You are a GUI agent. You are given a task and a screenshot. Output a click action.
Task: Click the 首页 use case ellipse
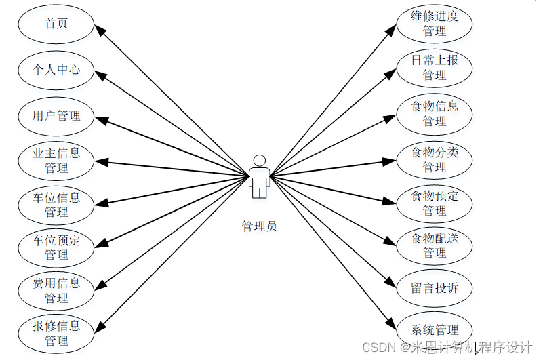[56, 24]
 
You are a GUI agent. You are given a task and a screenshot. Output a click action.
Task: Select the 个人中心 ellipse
[56, 69]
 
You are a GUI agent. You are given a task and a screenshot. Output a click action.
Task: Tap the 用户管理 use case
[56, 115]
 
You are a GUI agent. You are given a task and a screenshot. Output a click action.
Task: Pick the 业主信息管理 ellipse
[56, 160]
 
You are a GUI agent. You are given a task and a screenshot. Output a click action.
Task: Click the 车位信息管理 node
[56, 204]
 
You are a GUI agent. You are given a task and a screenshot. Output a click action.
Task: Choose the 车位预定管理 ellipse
[56, 247]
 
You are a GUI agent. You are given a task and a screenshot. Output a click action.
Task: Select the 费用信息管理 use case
[56, 290]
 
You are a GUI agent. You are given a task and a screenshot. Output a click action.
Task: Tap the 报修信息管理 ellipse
[56, 333]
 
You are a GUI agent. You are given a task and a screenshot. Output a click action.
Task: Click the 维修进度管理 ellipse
[435, 24]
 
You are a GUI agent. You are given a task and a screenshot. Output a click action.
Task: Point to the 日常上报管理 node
[435, 67]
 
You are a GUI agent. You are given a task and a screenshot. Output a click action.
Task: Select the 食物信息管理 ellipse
[435, 113]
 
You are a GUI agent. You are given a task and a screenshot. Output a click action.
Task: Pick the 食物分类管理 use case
[435, 159]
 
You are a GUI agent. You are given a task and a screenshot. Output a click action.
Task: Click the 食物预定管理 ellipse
[435, 203]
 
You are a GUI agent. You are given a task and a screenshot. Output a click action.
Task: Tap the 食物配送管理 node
[435, 245]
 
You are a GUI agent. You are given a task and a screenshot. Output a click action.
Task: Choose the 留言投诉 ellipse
[435, 288]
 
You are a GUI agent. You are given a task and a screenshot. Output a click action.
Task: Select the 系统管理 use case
[435, 330]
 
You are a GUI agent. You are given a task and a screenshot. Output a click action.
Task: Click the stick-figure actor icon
[259, 176]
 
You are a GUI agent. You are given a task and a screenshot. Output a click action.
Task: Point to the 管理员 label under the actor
[259, 226]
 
